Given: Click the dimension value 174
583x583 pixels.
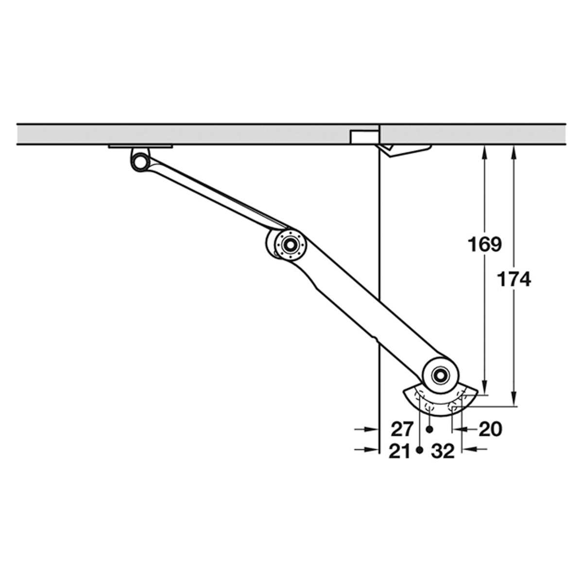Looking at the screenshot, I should [514, 279].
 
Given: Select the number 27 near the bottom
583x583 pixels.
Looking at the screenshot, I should [402, 429].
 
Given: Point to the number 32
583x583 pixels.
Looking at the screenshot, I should [443, 452].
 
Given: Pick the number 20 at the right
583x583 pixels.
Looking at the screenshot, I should [490, 429].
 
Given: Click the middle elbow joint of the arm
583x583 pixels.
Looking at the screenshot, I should [290, 244].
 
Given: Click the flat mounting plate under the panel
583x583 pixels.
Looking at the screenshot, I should [141, 146].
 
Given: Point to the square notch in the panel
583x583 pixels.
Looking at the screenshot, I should [364, 137].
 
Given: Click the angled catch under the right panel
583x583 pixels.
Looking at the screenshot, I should [406, 150].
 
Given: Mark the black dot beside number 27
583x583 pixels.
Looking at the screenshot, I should [429, 429].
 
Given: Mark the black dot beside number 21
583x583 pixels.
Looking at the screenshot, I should [420, 451].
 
